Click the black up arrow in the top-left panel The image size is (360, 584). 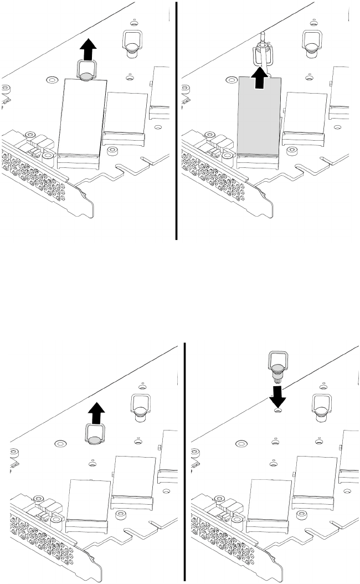(x=86, y=51)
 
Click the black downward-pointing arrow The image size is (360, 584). (x=279, y=396)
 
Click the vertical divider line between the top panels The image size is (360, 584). (x=176, y=119)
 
